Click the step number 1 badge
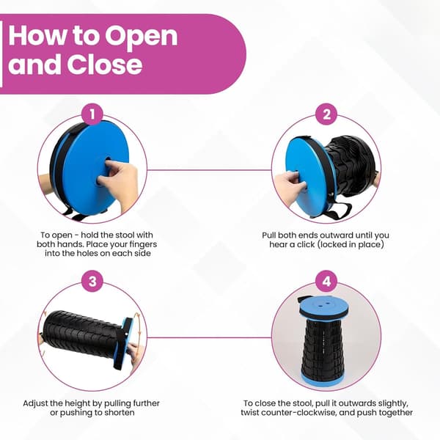coord(92,114)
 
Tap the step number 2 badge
coord(326,114)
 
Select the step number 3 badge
coord(92,281)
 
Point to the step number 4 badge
coord(326,281)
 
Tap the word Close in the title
coord(105,65)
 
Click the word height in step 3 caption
coord(78,403)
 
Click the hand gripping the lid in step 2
coord(290,185)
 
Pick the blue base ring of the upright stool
coord(322,378)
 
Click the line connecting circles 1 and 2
coord(209,170)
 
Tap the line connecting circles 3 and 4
coord(209,337)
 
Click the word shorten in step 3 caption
coord(120,413)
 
